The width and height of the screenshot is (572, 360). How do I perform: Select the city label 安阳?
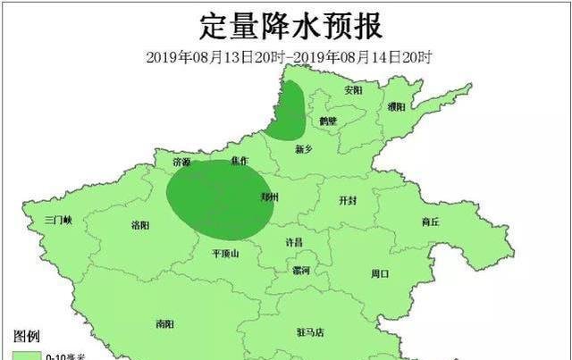[x=354, y=90]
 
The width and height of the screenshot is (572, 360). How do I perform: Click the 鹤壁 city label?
[x=327, y=121]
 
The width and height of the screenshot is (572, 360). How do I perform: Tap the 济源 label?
[x=181, y=163]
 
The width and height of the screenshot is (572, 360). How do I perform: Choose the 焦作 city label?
[x=239, y=161]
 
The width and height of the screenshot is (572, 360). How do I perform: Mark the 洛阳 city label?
[x=140, y=224]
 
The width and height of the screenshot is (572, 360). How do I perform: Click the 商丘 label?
[x=430, y=222]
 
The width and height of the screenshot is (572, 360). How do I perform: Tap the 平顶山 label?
[x=225, y=254]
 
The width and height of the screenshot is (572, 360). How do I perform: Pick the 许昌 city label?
[x=293, y=242]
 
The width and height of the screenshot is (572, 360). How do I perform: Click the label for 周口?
[x=379, y=273]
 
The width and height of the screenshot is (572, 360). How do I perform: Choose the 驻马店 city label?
[x=310, y=332]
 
